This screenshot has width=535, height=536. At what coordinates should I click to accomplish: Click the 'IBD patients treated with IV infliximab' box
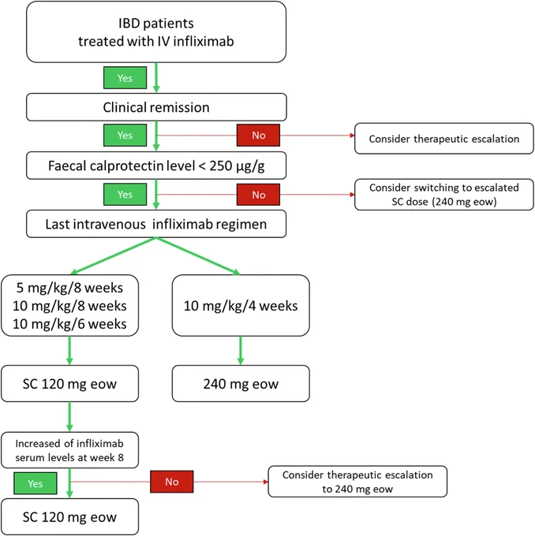[x=156, y=32]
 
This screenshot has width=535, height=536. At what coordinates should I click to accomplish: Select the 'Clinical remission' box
[x=156, y=107]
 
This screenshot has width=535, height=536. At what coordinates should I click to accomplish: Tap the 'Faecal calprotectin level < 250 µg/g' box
[x=156, y=166]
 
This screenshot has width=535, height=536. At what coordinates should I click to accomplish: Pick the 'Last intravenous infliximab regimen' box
[x=156, y=224]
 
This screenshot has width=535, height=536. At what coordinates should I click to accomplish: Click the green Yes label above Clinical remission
[x=125, y=78]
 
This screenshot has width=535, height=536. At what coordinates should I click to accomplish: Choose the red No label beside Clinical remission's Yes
[x=259, y=136]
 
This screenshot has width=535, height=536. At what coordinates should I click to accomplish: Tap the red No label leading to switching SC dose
[x=259, y=195]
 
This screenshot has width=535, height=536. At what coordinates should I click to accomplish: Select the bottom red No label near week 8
[x=172, y=482]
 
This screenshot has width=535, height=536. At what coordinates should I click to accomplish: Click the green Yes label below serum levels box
[x=36, y=483]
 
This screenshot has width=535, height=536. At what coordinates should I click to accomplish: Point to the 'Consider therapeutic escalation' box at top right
[x=444, y=139]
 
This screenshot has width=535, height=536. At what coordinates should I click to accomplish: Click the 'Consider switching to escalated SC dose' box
[x=444, y=195]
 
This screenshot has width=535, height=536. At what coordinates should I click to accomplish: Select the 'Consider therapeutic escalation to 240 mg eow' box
[x=357, y=482]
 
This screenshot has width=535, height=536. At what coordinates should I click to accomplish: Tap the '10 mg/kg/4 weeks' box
[x=241, y=305]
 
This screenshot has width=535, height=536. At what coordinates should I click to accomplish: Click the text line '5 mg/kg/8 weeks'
[x=69, y=288]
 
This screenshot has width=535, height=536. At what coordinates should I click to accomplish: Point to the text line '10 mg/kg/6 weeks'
[x=69, y=324]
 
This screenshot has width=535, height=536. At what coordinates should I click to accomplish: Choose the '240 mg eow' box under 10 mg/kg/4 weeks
[x=241, y=384]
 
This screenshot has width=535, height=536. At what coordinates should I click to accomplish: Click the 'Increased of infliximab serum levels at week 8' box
[x=69, y=450]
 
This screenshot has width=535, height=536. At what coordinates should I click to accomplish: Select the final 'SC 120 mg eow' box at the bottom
[x=69, y=517]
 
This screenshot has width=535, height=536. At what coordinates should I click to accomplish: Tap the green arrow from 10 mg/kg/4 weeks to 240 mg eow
[x=241, y=351]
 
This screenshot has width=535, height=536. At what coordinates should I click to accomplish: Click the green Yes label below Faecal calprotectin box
[x=125, y=194]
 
